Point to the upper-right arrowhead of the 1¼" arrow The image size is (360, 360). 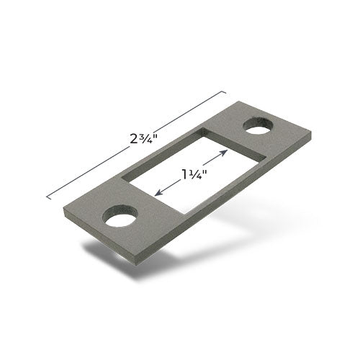click(x=228, y=152)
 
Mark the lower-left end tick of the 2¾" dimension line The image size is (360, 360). click(x=48, y=195)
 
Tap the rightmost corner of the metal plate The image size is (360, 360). click(x=310, y=134)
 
